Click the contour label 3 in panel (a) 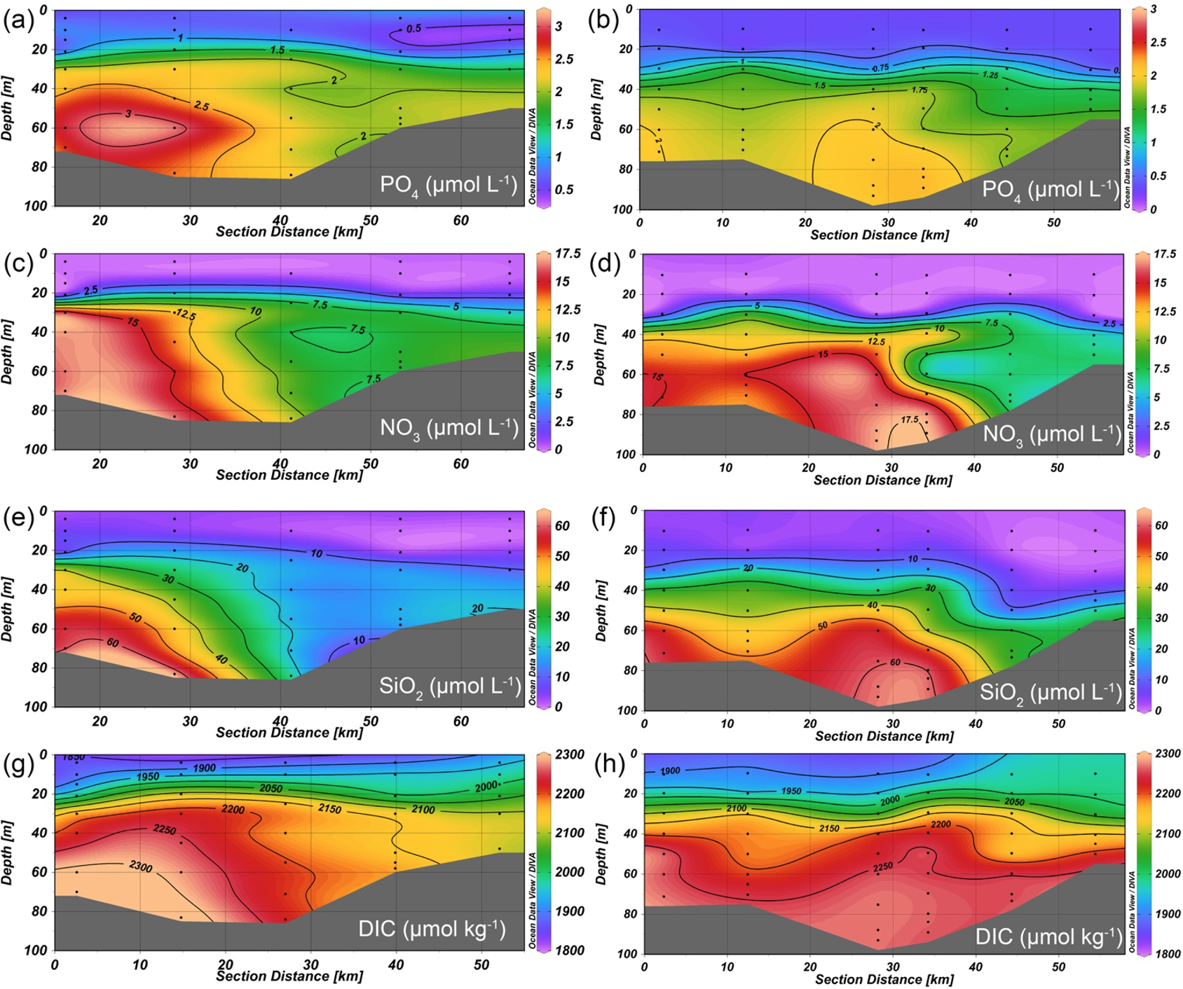coord(128,113)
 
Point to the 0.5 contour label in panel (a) coord(413,29)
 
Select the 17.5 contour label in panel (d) coord(909,420)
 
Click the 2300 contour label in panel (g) coord(140,866)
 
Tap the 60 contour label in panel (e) coord(112,642)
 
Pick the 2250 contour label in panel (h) coord(883,867)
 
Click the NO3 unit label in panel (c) coord(449,427)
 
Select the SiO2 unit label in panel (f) coord(1051,693)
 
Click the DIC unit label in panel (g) coord(432,929)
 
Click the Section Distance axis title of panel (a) coord(289,232)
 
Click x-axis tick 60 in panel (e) coord(460,721)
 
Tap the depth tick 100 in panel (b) coord(623,209)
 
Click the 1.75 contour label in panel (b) coord(918,90)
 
